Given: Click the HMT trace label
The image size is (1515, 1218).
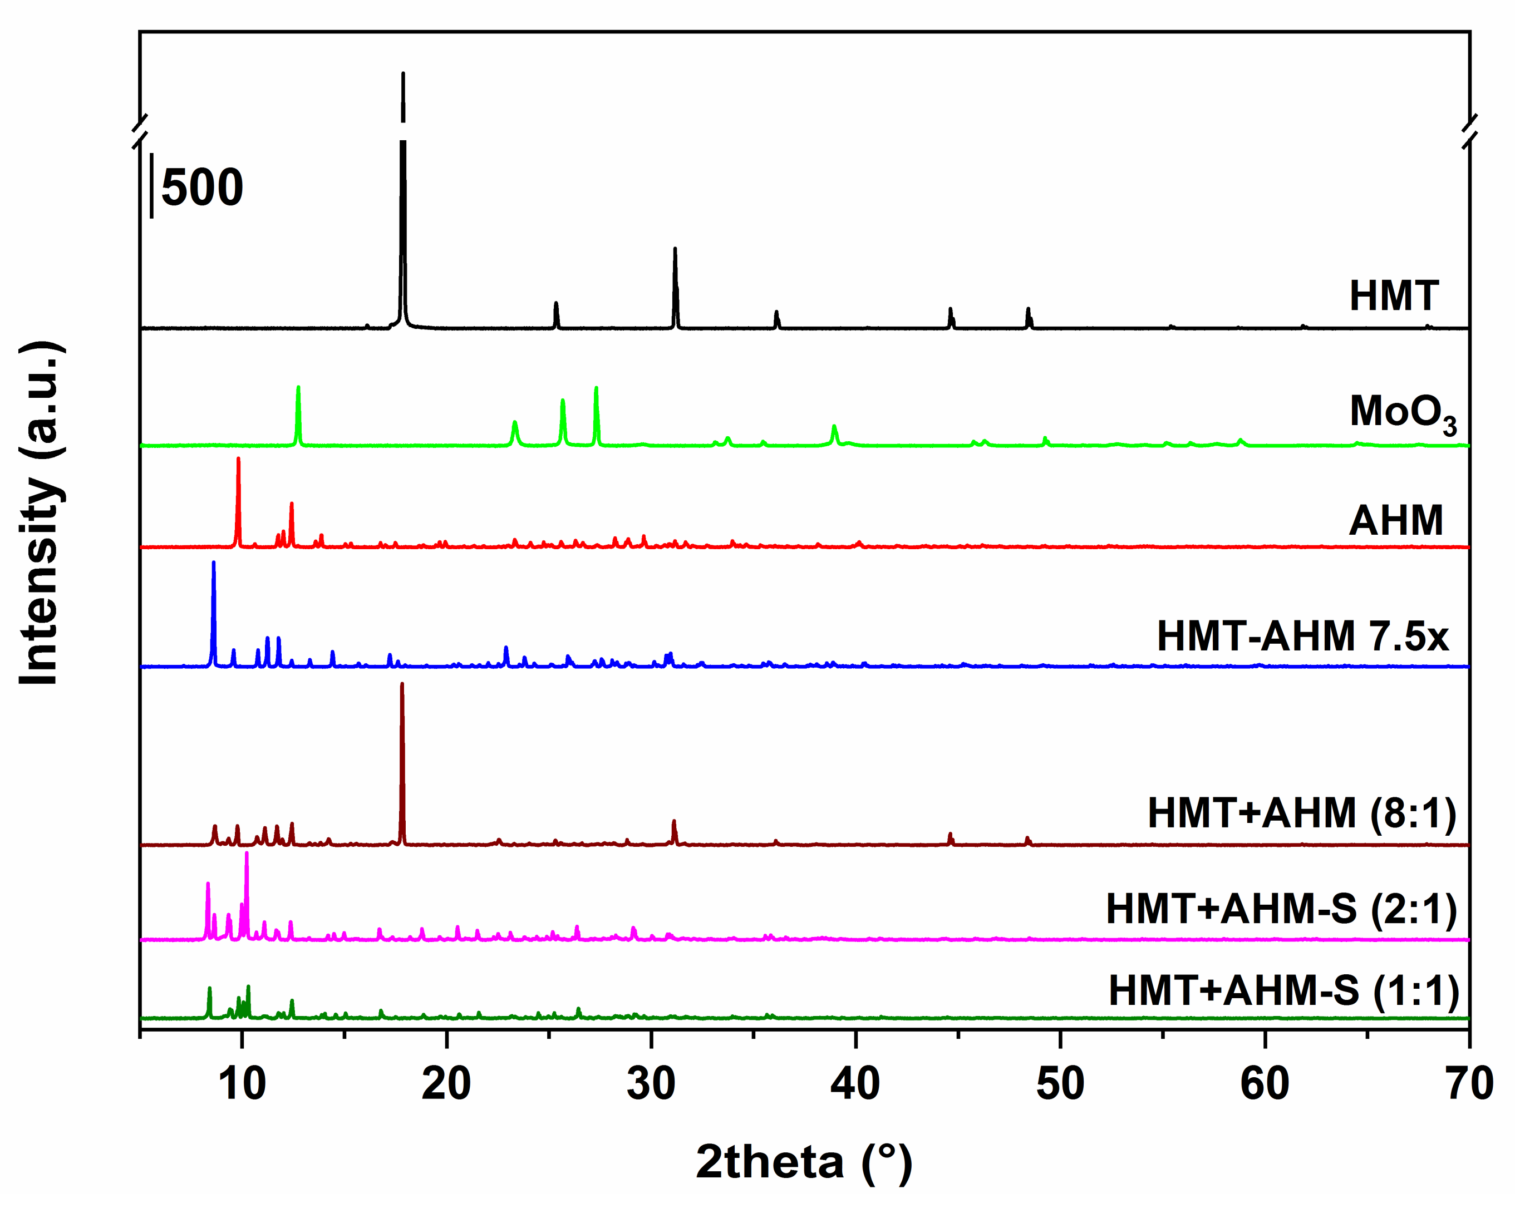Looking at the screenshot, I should (1394, 295).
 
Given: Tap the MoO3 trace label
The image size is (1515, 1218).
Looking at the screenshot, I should (1403, 413).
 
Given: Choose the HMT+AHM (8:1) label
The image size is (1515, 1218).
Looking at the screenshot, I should (1302, 813).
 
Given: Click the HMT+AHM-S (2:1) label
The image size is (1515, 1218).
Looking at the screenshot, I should (1281, 909).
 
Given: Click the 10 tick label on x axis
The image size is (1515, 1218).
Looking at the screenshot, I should (242, 1083).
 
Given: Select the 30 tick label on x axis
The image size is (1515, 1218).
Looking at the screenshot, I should (651, 1083).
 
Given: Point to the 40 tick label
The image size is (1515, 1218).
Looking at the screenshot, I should (855, 1083).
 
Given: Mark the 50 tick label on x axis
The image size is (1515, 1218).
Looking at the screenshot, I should (1060, 1083).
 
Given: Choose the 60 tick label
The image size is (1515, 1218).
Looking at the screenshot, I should (1264, 1083).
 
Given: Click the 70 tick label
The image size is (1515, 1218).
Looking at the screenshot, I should (1469, 1083).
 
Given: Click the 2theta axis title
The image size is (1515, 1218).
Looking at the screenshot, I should (803, 1162).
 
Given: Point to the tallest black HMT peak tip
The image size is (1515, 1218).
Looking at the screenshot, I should (402, 73).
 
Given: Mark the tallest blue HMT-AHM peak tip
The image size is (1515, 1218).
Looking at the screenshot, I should (214, 563).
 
